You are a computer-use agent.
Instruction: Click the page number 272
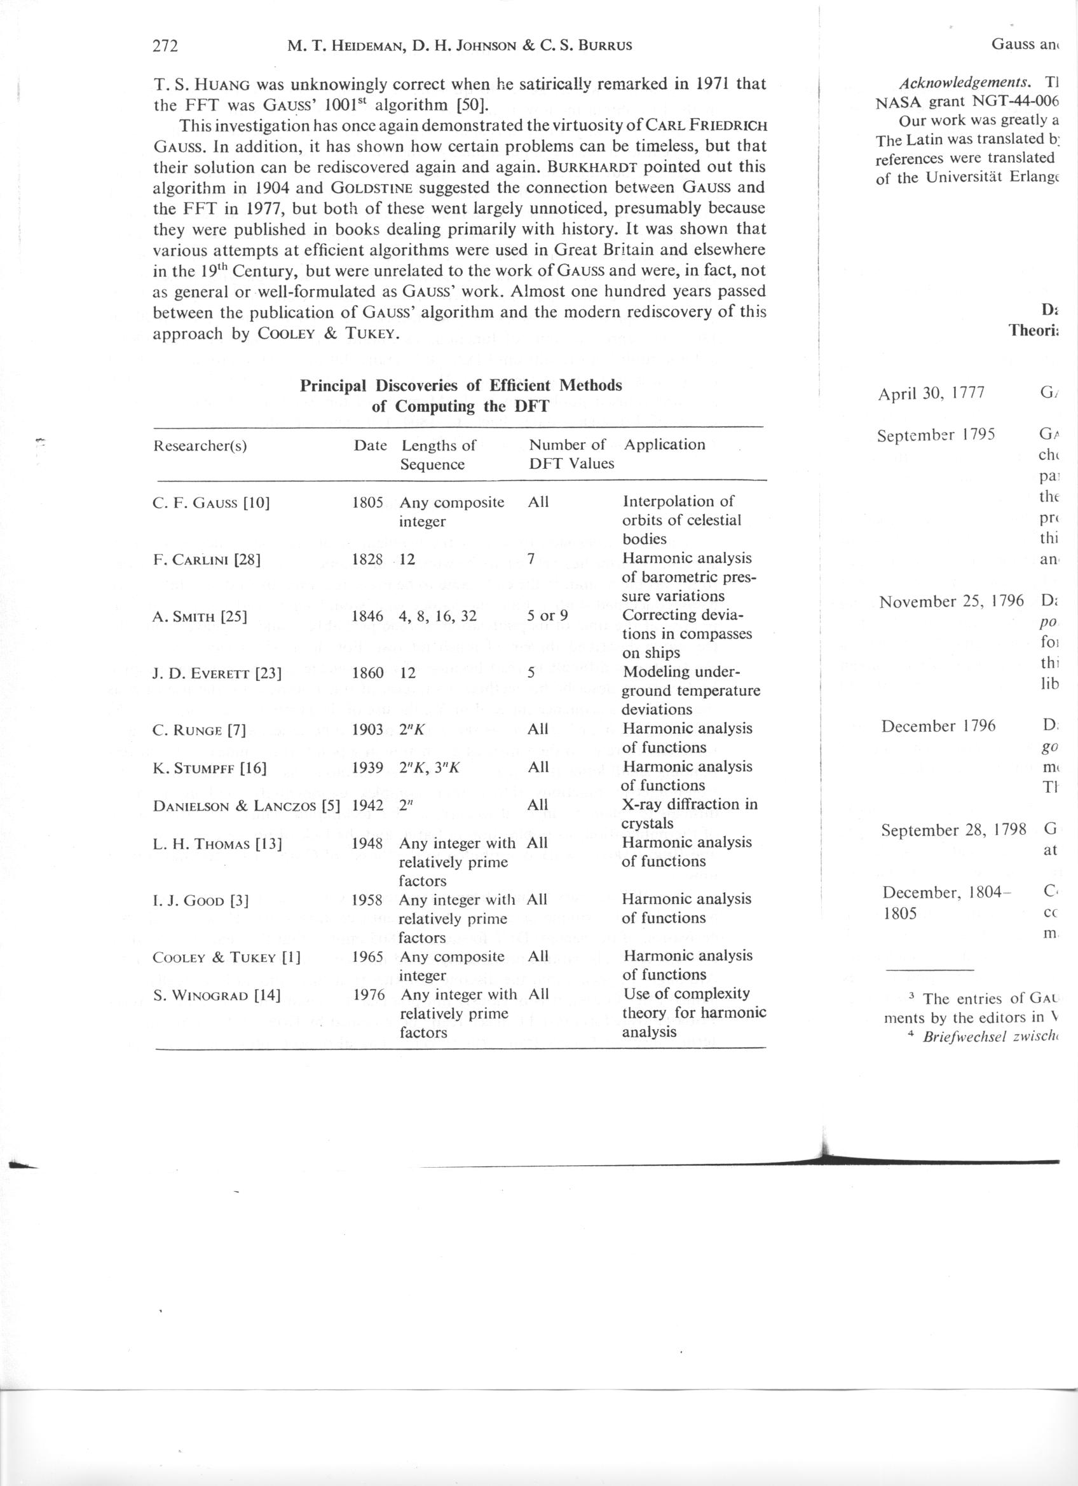pyautogui.click(x=165, y=46)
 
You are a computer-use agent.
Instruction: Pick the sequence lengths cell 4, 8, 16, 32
pyautogui.click(x=438, y=616)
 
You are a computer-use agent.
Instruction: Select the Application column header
pyautogui.click(x=664, y=445)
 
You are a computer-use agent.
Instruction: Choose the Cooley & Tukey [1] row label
pyautogui.click(x=226, y=958)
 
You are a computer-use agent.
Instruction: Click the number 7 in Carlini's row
pyautogui.click(x=531, y=560)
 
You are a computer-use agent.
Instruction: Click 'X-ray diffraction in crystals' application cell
pyautogui.click(x=689, y=813)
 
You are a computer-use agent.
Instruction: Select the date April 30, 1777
pyautogui.click(x=931, y=393)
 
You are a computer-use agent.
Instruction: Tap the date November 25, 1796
pyautogui.click(x=952, y=602)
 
